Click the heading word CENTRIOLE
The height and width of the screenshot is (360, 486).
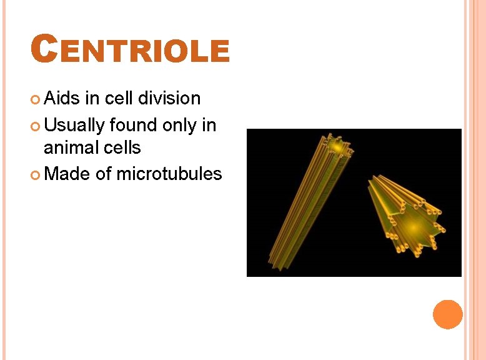(x=131, y=51)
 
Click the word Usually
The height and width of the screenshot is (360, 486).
(x=74, y=125)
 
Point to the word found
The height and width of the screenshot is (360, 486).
(x=133, y=125)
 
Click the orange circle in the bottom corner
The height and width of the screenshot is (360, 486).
(x=448, y=314)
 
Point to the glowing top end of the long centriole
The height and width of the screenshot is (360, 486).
(x=337, y=147)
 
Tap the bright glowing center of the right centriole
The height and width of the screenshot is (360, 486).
(x=412, y=225)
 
